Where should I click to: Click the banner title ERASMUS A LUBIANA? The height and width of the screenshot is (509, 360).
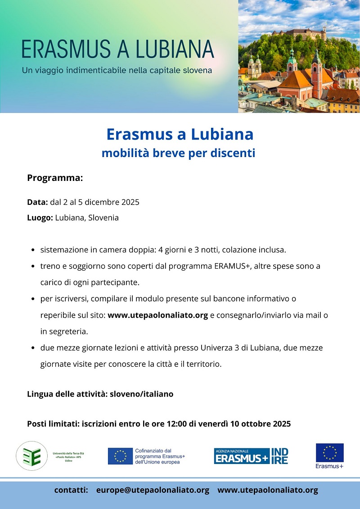click(x=118, y=49)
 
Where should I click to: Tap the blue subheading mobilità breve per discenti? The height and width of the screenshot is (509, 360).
click(x=178, y=153)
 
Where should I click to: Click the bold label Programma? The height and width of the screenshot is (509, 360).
click(x=55, y=178)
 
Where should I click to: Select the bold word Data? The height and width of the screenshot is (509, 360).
click(x=37, y=202)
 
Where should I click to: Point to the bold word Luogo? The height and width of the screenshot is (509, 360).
click(x=40, y=218)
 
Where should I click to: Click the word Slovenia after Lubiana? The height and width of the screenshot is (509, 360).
click(x=103, y=218)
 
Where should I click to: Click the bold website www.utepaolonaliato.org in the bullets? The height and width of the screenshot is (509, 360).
click(x=157, y=315)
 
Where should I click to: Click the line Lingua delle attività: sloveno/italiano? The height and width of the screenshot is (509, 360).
click(x=100, y=394)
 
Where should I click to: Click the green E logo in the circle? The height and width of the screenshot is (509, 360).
click(x=31, y=456)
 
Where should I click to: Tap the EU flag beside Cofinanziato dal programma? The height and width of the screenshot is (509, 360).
click(x=120, y=456)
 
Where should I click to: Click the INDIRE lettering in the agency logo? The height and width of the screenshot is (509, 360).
click(x=279, y=456)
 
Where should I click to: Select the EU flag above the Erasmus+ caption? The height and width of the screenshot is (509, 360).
click(x=329, y=453)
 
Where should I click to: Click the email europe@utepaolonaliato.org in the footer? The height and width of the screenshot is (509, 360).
click(x=153, y=490)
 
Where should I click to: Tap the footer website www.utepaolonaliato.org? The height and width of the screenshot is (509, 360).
click(x=268, y=490)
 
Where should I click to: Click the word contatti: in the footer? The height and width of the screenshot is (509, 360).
click(x=71, y=490)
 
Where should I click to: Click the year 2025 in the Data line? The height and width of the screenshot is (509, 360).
click(x=130, y=202)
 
